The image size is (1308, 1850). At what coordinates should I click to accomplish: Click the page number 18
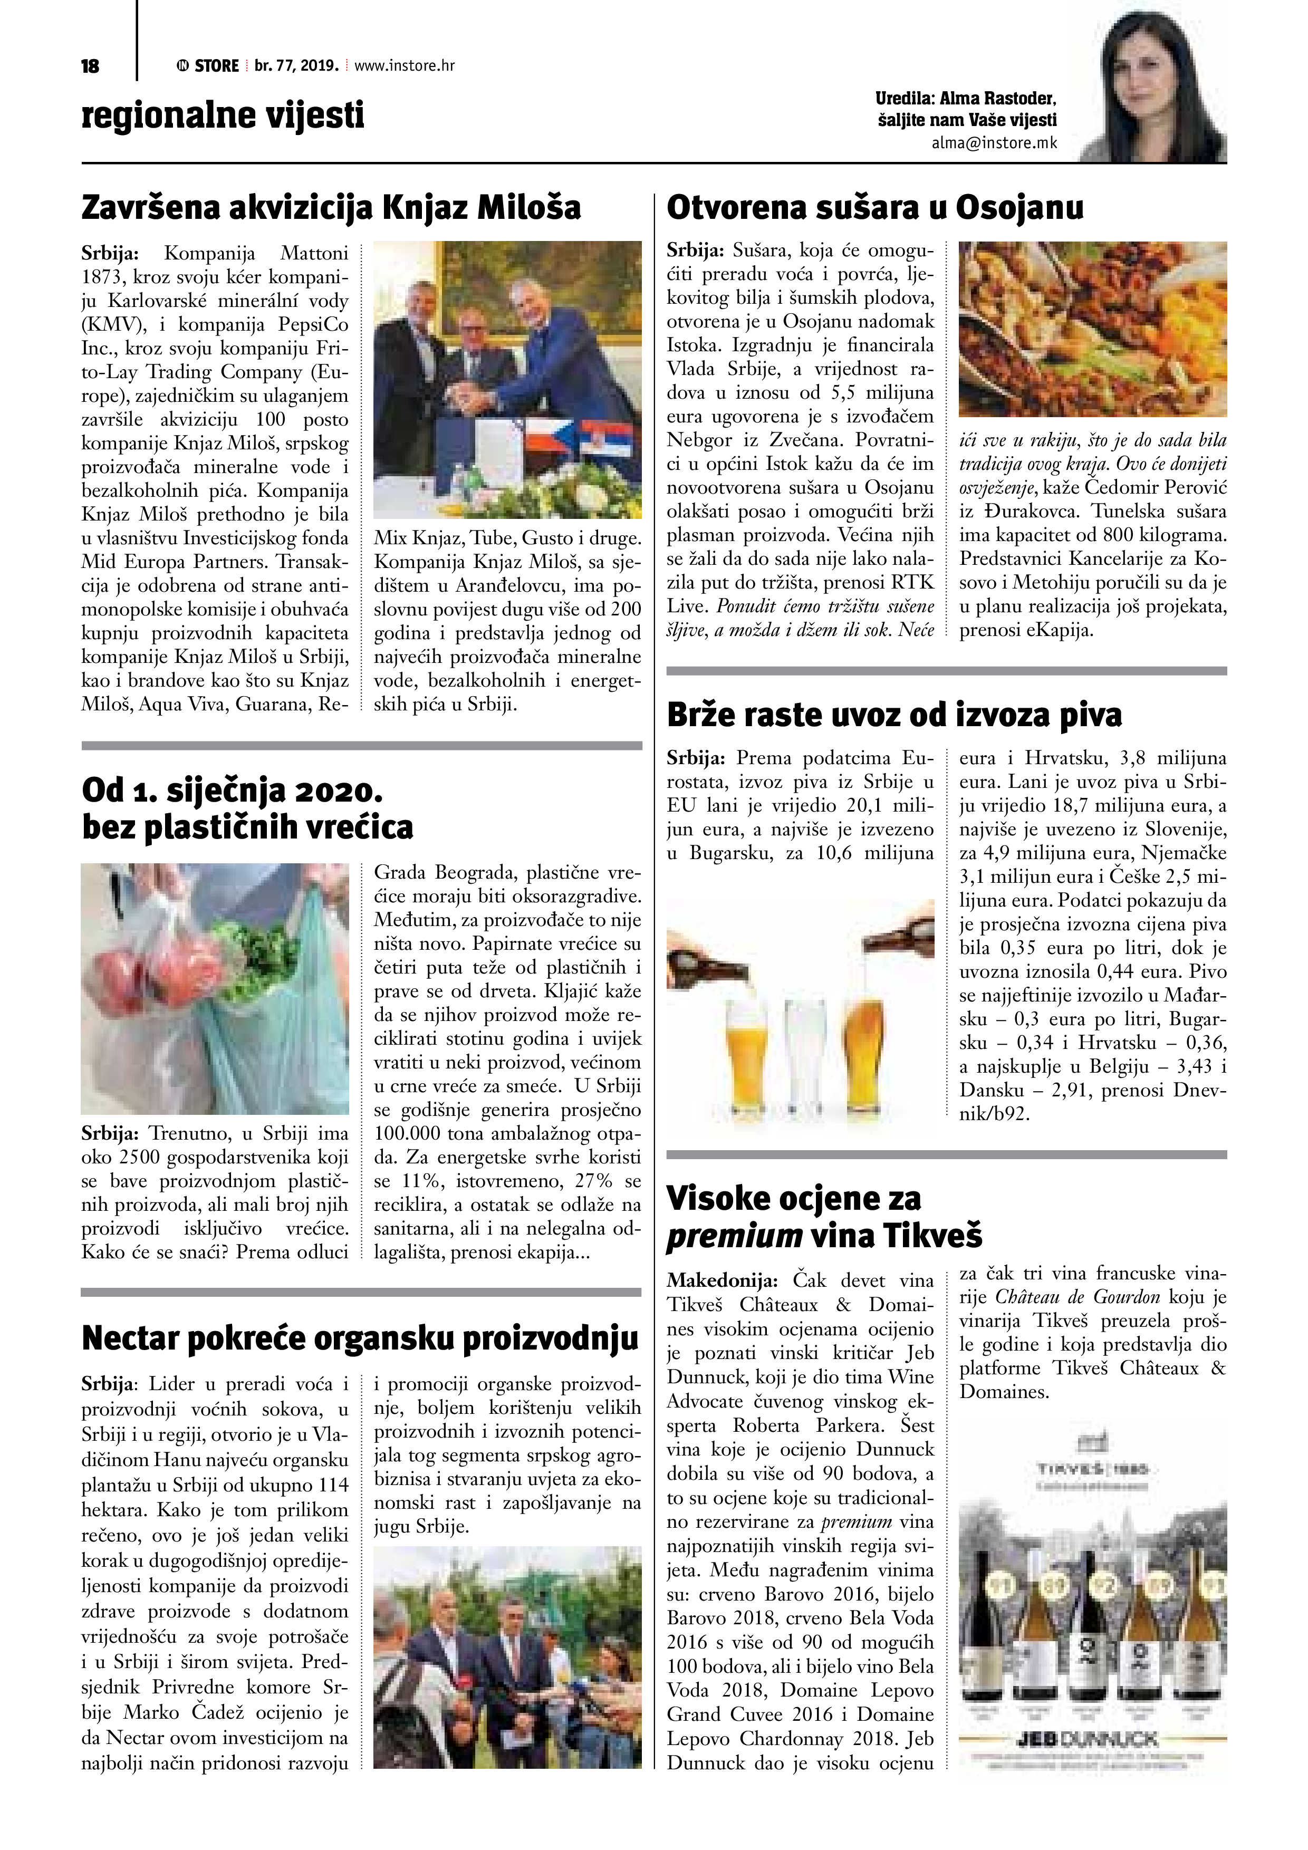(90, 66)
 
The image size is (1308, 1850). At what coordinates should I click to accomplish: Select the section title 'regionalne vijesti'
(223, 115)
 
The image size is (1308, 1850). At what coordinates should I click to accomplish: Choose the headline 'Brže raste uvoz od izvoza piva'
(895, 715)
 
